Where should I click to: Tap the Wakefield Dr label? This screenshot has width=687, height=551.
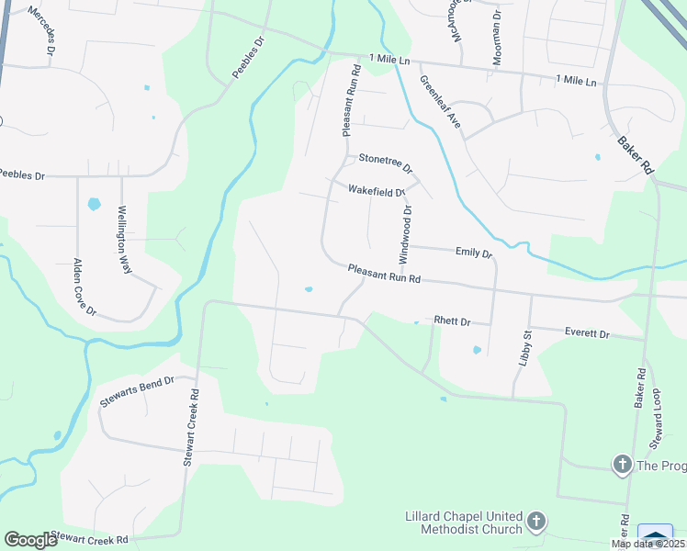pyautogui.click(x=377, y=191)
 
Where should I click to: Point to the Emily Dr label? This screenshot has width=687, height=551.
pyautogui.click(x=474, y=253)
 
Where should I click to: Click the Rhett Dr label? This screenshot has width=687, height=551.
pyautogui.click(x=452, y=321)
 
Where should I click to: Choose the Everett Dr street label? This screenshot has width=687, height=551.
pyautogui.click(x=587, y=333)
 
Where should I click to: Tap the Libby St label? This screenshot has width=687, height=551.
pyautogui.click(x=525, y=349)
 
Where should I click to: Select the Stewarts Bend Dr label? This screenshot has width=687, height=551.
pyautogui.click(x=137, y=392)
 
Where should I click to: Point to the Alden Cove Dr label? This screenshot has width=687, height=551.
pyautogui.click(x=84, y=287)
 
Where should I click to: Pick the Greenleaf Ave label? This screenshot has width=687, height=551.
pyautogui.click(x=440, y=101)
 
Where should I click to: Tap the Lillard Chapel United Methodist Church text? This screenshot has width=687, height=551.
pyautogui.click(x=464, y=523)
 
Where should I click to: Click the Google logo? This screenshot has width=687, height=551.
pyautogui.click(x=30, y=540)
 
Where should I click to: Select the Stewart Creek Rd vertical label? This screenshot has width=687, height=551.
pyautogui.click(x=190, y=426)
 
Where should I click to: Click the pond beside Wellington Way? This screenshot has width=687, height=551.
pyautogui.click(x=94, y=204)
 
